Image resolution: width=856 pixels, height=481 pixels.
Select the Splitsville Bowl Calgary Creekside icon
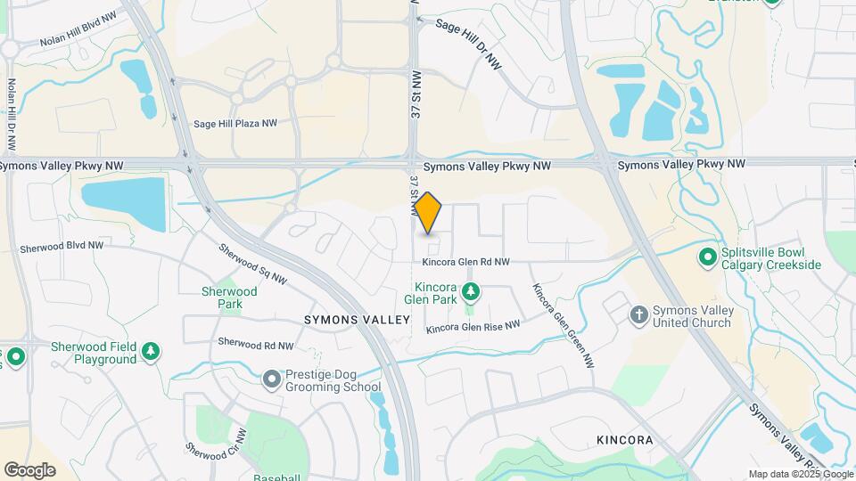click(708, 257)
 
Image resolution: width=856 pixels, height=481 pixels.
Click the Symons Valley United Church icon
click(638, 314)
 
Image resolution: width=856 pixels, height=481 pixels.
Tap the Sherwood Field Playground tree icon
click(152, 353)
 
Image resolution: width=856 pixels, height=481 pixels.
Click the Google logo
click(29, 470)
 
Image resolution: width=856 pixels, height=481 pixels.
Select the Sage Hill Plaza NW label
click(235, 125)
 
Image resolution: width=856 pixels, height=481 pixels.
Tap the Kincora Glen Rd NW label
click(465, 262)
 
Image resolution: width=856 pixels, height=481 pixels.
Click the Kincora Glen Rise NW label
click(473, 328)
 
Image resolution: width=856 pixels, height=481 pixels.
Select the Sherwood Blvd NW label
click(62, 246)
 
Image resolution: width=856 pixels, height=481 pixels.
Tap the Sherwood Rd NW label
click(256, 344)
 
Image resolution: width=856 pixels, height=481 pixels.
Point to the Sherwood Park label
click(229, 298)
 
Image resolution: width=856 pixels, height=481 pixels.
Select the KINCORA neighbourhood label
click(624, 440)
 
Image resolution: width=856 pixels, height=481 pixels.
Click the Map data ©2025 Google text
click(800, 474)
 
